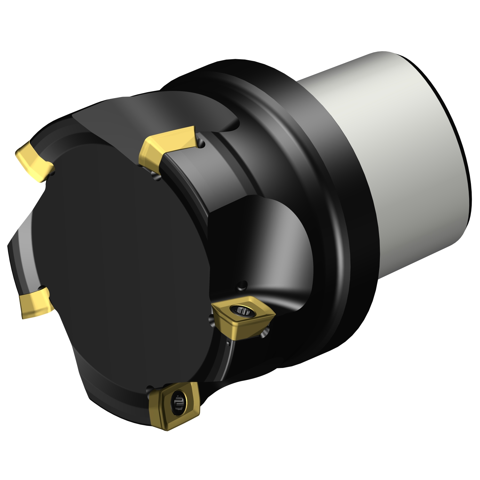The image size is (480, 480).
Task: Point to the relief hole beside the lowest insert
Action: click(148, 390)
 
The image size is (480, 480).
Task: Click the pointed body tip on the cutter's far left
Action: click(10, 246)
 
